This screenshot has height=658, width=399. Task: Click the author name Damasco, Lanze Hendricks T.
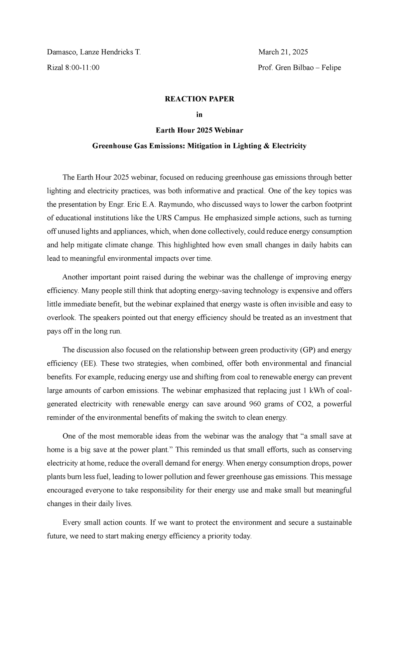[94, 52]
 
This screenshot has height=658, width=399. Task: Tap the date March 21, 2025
[283, 52]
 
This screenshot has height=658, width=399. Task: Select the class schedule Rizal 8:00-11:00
[73, 68]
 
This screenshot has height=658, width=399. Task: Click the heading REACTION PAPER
[199, 99]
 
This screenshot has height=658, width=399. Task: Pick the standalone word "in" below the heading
[199, 115]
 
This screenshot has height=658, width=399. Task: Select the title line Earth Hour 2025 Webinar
[199, 131]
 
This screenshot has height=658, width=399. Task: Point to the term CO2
[304, 404]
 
